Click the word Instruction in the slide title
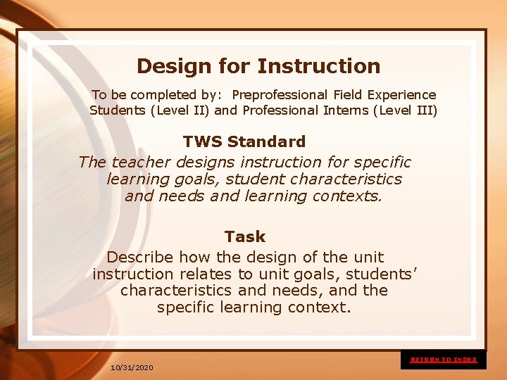(318, 66)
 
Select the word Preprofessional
(279, 94)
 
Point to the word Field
(346, 94)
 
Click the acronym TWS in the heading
(203, 141)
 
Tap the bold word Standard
(266, 141)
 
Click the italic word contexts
(347, 196)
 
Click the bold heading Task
(245, 236)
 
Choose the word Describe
(140, 257)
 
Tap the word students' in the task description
(382, 274)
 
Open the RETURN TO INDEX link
(444, 360)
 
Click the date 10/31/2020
(132, 367)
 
